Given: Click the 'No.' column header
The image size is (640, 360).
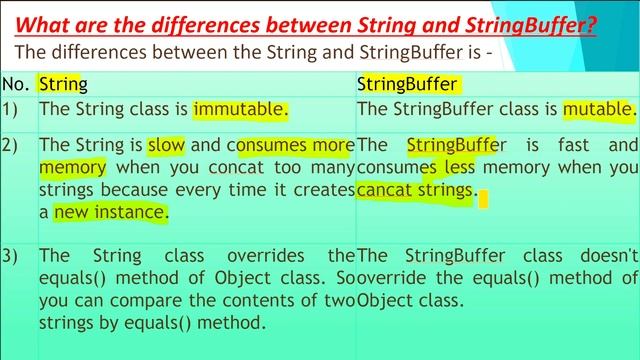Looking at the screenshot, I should point(16,83).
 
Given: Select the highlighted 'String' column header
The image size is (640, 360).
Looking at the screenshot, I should point(63,83).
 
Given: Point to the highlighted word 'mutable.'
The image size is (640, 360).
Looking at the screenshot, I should point(597,108).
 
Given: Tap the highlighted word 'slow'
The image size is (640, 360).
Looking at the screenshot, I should point(166,146).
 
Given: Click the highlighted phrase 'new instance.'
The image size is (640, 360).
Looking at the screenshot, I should point(111,212).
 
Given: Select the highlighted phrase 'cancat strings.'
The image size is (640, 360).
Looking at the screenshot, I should point(414,190).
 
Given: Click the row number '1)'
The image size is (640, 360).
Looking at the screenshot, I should point(13,108).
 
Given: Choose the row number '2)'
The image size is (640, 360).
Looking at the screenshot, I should point(13,146).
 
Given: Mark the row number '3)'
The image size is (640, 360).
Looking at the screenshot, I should point(13,255).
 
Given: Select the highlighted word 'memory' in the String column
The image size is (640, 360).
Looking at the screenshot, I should point(72,168).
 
